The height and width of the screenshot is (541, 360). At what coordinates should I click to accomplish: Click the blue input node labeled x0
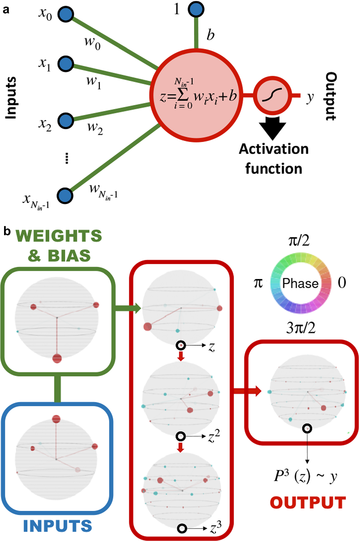(x=66, y=14)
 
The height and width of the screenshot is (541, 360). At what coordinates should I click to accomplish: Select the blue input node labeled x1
(x=66, y=64)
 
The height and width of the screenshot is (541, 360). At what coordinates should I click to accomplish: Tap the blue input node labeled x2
(x=66, y=120)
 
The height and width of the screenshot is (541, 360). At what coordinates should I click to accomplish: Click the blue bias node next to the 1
(x=196, y=9)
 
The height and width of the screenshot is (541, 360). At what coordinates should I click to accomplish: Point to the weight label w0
(x=92, y=43)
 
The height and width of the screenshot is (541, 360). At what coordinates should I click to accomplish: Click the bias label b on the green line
(x=210, y=35)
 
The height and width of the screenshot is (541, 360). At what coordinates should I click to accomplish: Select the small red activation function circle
(x=272, y=95)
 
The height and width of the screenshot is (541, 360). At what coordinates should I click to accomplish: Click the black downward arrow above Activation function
(x=272, y=128)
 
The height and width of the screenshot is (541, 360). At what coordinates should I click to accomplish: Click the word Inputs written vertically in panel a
(x=11, y=98)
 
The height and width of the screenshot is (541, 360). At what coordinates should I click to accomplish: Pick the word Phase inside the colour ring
(x=300, y=283)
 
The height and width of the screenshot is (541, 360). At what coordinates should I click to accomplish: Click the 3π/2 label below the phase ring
(x=301, y=328)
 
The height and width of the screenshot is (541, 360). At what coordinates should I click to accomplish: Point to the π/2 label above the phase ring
(x=299, y=241)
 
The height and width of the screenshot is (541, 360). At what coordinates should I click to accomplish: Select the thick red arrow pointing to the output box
(x=247, y=391)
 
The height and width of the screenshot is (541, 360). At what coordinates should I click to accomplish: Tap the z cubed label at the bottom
(x=215, y=527)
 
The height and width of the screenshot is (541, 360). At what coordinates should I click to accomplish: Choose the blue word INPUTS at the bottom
(x=57, y=526)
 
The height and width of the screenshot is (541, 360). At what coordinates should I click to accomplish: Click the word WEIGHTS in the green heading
(x=59, y=236)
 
